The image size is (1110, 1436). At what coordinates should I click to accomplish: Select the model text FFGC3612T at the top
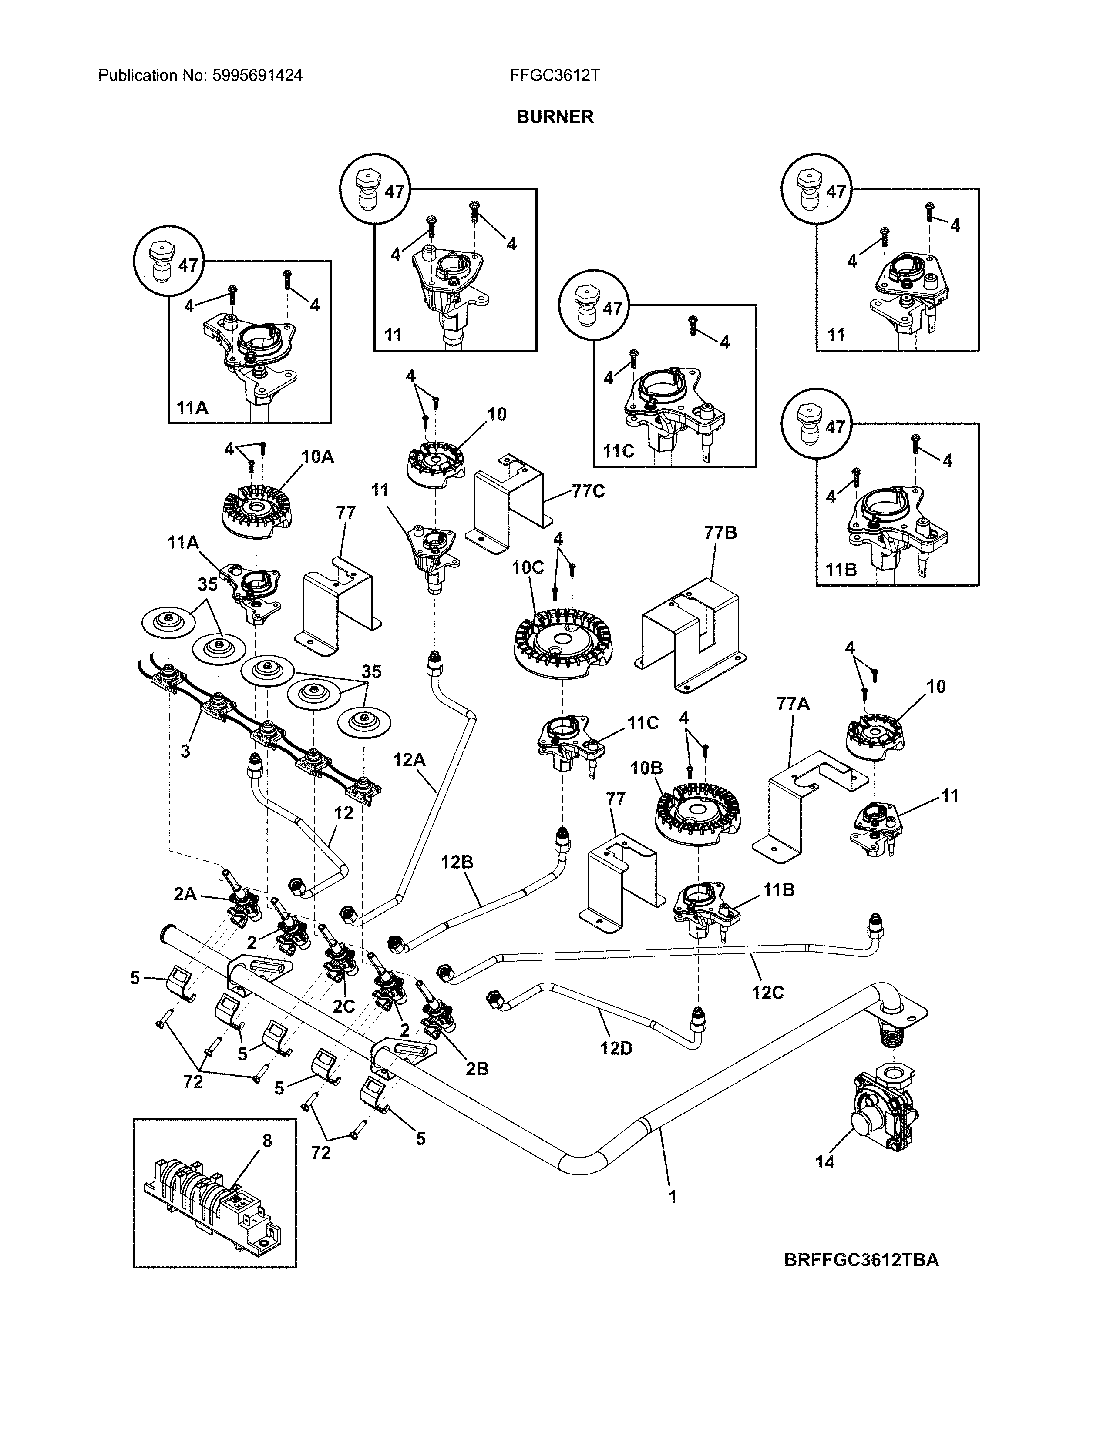point(554,76)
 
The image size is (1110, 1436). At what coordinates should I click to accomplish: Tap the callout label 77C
point(588,491)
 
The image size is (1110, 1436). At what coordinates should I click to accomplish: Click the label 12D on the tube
point(616,1048)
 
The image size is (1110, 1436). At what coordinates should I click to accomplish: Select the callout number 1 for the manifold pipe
point(672,1198)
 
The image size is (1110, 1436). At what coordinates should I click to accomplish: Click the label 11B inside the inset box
point(841,570)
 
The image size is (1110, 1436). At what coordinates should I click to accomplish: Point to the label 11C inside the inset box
point(618,451)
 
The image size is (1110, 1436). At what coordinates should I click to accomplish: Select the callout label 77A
point(792,704)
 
